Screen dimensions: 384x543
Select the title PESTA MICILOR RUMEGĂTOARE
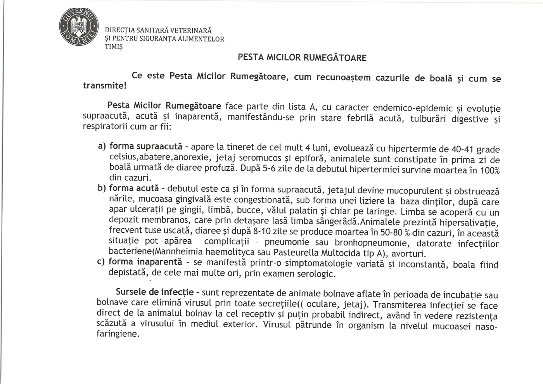pos(302,58)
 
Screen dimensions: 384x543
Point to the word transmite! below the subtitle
pos(105,85)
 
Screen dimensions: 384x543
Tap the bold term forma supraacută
pos(146,147)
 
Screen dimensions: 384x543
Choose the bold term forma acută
pos(134,188)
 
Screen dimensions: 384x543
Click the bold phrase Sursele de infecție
pos(154,292)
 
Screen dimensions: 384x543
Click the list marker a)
pos(102,146)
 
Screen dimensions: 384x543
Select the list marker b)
pos(102,188)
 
